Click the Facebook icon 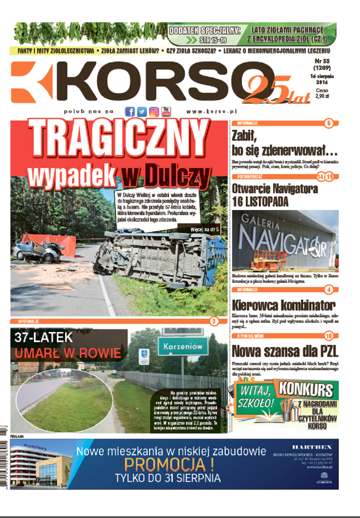click(x=130, y=112)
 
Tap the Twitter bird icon click(x=142, y=112)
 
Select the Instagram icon click(x=154, y=112)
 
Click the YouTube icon click(x=166, y=112)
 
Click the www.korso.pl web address click(x=211, y=112)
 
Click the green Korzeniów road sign click(x=183, y=347)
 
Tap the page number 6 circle click(x=329, y=123)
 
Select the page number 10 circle click(x=329, y=336)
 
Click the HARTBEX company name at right click(x=312, y=447)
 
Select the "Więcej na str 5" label click(x=204, y=230)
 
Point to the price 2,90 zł click(x=322, y=96)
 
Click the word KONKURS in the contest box click(x=306, y=390)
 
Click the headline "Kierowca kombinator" click(x=284, y=305)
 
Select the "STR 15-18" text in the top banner click(x=213, y=40)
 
